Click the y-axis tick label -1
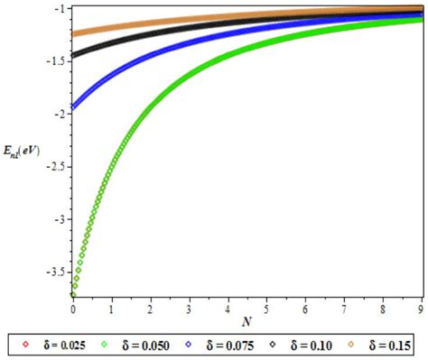pos(58,9)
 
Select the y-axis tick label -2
pos(58,114)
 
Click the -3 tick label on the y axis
pos(58,219)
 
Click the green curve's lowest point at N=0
pos(73,294)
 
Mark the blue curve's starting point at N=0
pos(73,107)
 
